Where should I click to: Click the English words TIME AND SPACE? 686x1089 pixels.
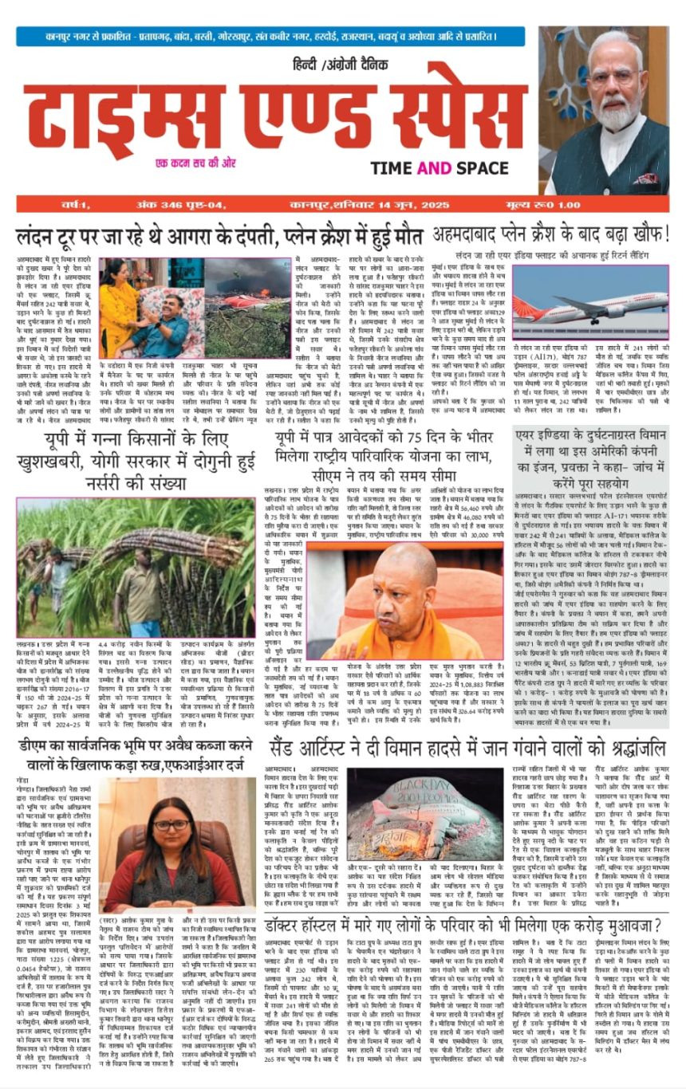(x=439, y=167)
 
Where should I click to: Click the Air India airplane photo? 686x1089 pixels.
(x=590, y=292)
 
